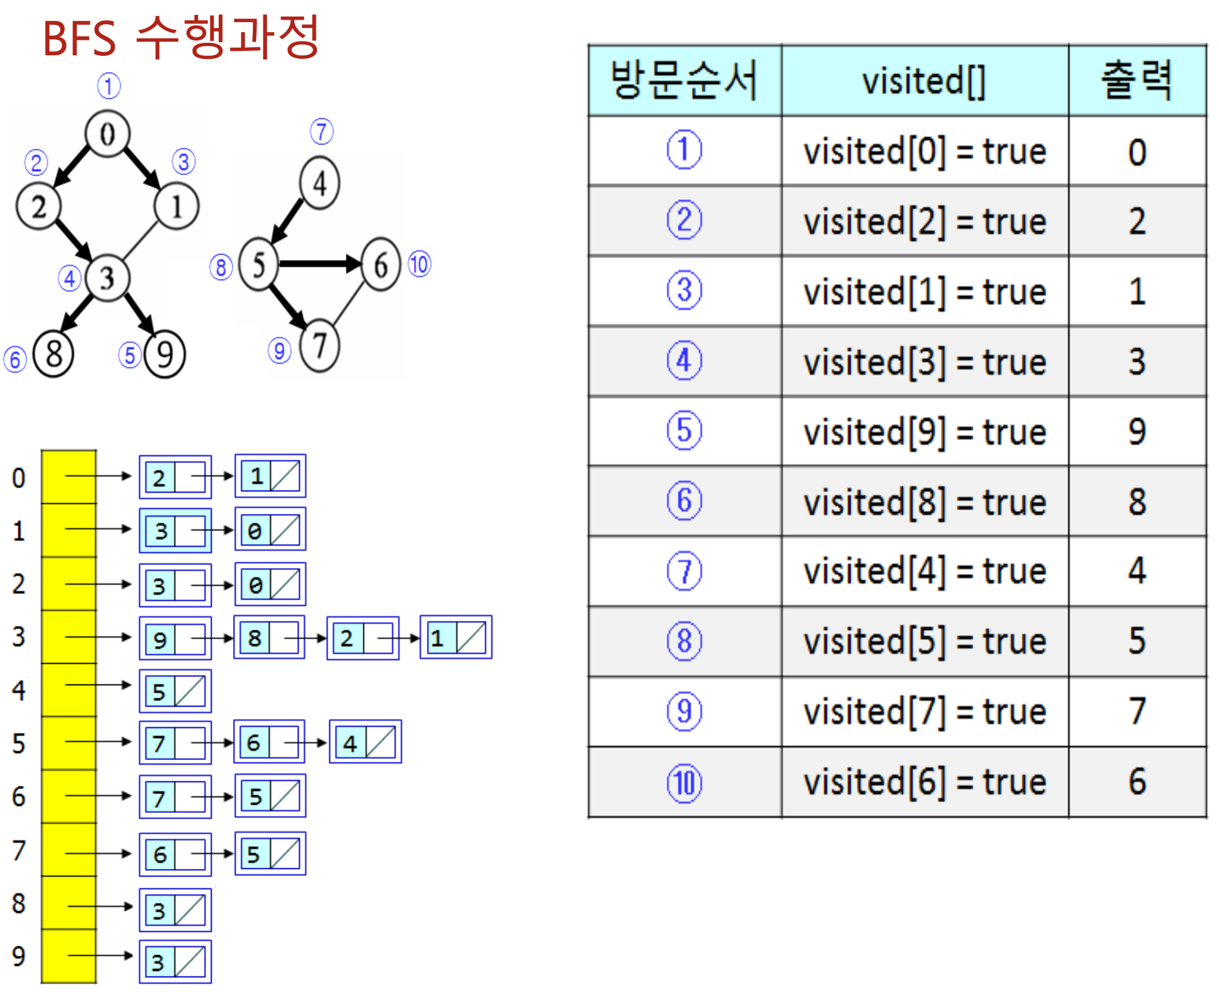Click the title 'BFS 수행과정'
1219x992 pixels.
[181, 37]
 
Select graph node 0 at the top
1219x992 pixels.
[107, 134]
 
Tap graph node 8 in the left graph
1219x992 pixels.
[54, 354]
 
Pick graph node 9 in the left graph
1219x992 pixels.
[165, 355]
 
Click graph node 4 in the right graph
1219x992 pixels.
[320, 183]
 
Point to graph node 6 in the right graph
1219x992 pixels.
[381, 265]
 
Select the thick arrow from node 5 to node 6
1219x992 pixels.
[318, 263]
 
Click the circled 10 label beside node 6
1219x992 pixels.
[419, 265]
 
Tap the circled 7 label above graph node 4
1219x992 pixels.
[322, 131]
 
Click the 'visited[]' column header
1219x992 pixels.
[924, 81]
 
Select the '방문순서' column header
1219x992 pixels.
[684, 81]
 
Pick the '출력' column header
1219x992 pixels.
[1136, 81]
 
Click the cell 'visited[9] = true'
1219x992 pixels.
[924, 432]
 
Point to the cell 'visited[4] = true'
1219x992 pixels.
[924, 572]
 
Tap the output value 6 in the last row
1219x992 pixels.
[1136, 781]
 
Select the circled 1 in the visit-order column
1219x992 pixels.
[684, 150]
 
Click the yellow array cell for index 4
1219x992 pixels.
[68, 689]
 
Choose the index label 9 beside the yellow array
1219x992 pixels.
[18, 956]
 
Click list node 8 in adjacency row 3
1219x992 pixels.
[269, 638]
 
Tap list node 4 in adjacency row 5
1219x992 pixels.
[365, 742]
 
